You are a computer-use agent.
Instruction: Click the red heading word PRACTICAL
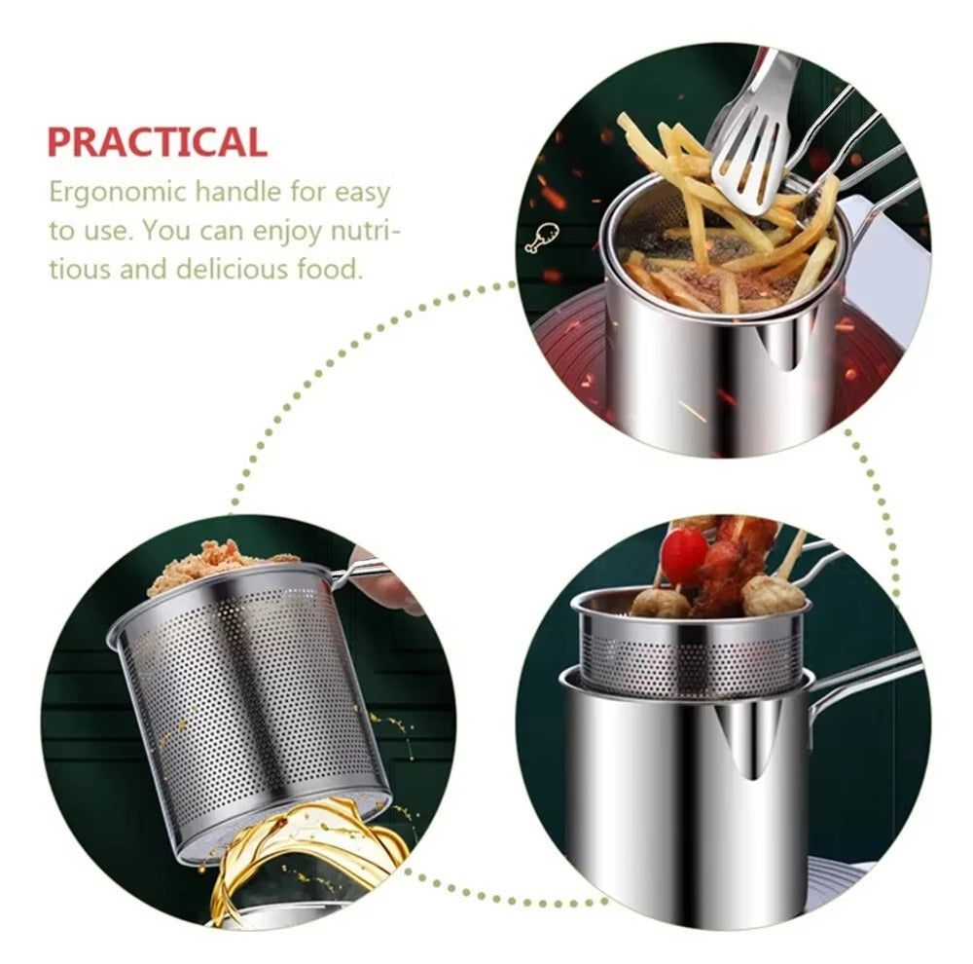pos(157,142)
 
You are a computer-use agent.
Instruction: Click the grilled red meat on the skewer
pos(735,560)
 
